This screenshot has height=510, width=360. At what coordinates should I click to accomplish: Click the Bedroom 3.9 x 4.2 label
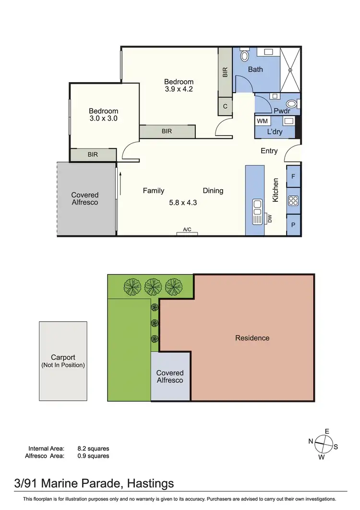(179, 85)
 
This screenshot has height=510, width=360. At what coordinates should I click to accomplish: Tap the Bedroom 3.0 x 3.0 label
(103, 114)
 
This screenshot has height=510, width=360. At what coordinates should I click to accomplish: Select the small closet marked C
(225, 107)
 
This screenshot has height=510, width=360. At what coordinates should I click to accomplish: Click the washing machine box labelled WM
(262, 121)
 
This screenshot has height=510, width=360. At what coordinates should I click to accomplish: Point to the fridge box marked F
(293, 176)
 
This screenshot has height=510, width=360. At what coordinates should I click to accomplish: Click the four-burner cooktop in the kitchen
(293, 201)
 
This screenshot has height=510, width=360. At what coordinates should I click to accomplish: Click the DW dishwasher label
(269, 219)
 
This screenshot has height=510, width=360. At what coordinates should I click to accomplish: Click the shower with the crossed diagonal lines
(290, 69)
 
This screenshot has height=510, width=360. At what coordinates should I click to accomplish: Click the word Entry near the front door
(269, 151)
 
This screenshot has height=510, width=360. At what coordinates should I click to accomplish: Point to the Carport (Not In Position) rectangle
(63, 361)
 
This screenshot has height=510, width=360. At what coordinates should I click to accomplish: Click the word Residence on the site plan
(252, 338)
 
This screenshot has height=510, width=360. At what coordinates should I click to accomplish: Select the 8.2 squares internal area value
(93, 448)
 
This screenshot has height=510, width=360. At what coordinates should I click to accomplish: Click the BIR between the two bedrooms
(167, 131)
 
